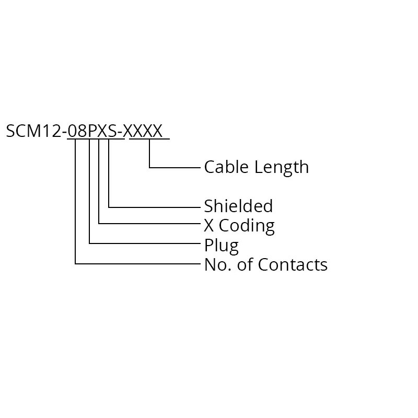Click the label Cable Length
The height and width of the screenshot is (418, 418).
pyautogui.click(x=257, y=167)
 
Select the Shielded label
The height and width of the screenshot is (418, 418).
pyautogui.click(x=238, y=206)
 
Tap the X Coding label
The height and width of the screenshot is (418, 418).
pyautogui.click(x=239, y=226)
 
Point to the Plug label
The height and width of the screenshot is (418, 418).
pyautogui.click(x=221, y=245)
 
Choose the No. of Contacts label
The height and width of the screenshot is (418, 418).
pyautogui.click(x=266, y=264)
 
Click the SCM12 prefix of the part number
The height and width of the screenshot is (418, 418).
pyautogui.click(x=34, y=131)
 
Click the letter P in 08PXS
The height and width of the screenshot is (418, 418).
pyautogui.click(x=92, y=131)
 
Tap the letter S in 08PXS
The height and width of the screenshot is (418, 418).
pyautogui.click(x=113, y=131)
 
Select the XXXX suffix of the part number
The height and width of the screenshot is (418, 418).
pyautogui.click(x=143, y=131)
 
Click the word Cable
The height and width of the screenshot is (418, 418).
pyautogui.click(x=226, y=167)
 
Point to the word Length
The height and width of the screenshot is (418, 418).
pyautogui.click(x=282, y=168)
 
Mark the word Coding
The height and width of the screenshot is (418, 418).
pyautogui.click(x=247, y=226)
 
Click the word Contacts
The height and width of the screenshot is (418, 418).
pyautogui.click(x=293, y=264)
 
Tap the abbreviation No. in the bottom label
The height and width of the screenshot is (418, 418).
pyautogui.click(x=218, y=264)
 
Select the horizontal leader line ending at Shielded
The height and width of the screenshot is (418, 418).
pyautogui.click(x=154, y=207)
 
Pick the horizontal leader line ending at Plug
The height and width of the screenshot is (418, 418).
pyautogui.click(x=145, y=243)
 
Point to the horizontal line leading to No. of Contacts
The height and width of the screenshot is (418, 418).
pyautogui.click(x=138, y=264)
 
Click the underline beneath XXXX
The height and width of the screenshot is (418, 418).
pyautogui.click(x=149, y=139)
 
